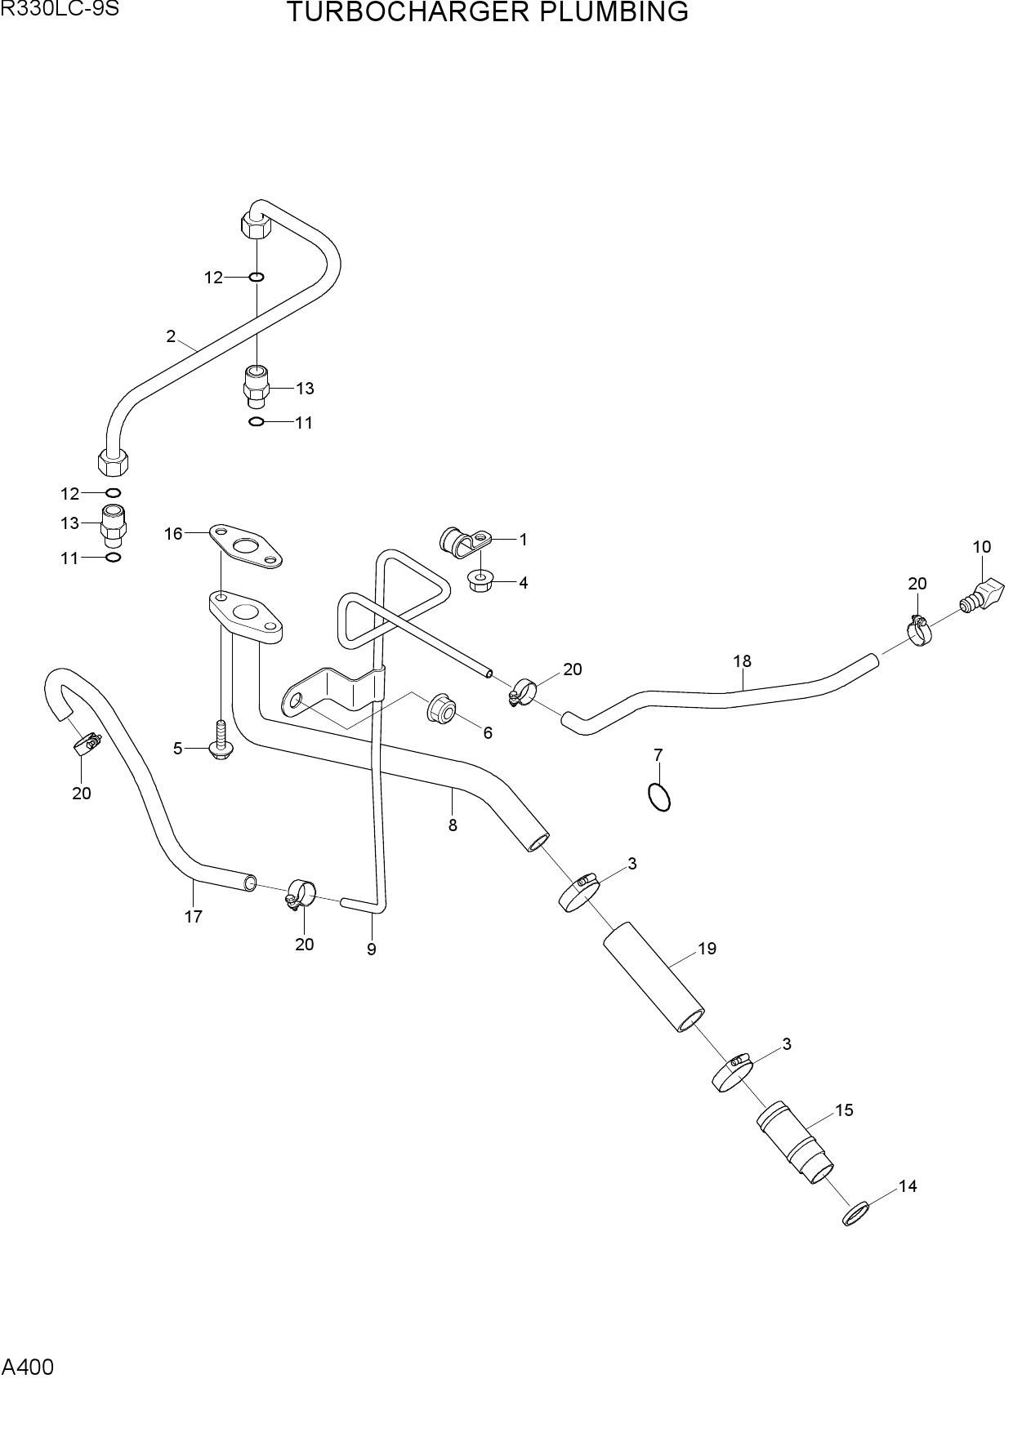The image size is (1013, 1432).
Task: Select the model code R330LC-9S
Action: [60, 9]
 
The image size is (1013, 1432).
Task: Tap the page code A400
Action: [28, 1367]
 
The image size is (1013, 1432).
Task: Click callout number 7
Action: [658, 754]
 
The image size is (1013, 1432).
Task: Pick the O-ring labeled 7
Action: [659, 797]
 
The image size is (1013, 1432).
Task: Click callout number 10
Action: [981, 546]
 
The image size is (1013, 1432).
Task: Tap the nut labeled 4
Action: [479, 581]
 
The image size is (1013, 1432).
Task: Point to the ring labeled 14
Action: [855, 1214]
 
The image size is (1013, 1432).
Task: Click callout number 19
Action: [707, 948]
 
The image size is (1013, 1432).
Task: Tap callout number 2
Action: [171, 336]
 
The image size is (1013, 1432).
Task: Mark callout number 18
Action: [742, 660]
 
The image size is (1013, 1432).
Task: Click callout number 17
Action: [193, 916]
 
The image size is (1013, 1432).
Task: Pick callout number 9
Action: [372, 949]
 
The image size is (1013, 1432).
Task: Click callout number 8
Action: [453, 825]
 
